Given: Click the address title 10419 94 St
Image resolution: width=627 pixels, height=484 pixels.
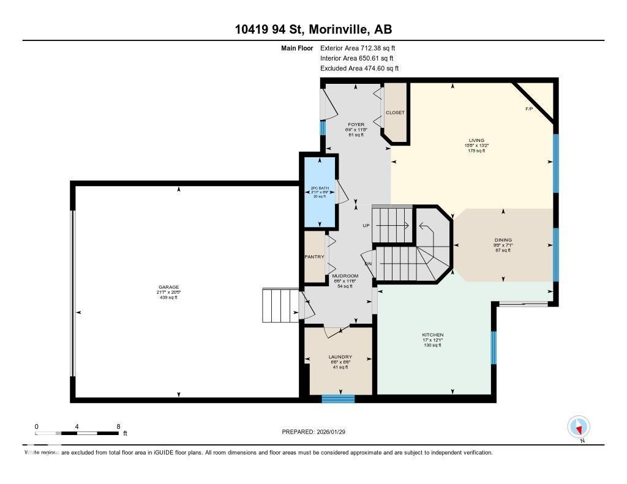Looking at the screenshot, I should tap(313, 29).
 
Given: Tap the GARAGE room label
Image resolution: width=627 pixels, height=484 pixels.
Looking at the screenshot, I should tap(168, 287).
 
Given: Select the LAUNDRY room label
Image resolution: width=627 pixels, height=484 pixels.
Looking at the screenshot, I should tap(340, 357).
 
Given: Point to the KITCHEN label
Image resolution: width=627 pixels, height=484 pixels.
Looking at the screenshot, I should tap(432, 335).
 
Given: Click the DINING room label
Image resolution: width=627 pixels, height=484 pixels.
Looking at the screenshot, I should tap(503, 240).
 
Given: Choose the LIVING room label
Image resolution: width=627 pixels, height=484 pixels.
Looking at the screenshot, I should tap(475, 140).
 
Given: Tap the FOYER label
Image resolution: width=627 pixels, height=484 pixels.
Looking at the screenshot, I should tap(355, 125).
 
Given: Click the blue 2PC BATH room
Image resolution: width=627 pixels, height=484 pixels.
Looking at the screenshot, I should tap(318, 191).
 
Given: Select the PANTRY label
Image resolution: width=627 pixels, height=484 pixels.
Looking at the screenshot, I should tap(314, 257).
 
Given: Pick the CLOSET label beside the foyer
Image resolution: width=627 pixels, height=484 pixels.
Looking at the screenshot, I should tap(395, 113).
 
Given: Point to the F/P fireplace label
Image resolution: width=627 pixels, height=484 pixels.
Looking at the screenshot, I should tap(529, 109).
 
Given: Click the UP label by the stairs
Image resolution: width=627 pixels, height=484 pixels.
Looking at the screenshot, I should tap(366, 225).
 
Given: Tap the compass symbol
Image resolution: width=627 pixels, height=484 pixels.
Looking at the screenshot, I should tap(579, 426).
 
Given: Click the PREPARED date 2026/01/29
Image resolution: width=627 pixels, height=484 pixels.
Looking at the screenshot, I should tap(317, 431).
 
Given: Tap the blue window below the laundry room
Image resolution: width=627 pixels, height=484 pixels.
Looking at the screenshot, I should tap(338, 399).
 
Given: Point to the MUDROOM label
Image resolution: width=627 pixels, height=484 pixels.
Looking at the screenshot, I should tap(344, 276).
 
